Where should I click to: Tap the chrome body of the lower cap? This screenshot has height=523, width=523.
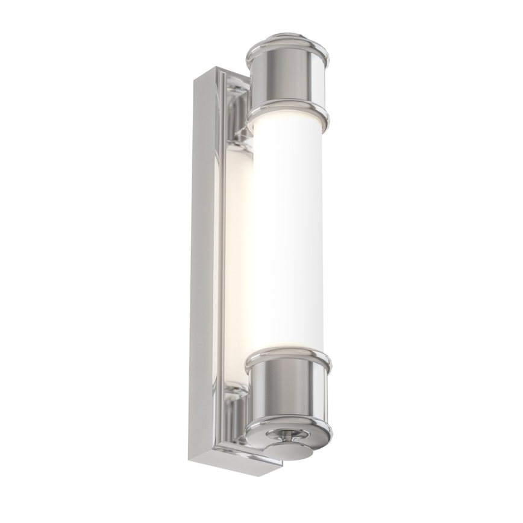[288, 392]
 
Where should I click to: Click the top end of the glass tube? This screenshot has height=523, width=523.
[288, 130]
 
